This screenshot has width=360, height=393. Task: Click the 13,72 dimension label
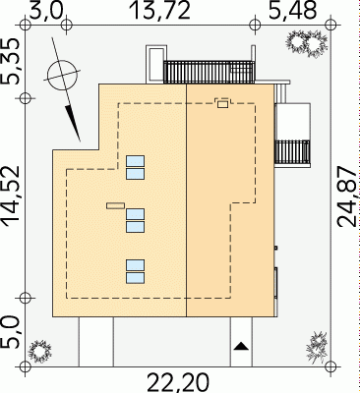tap(160, 10)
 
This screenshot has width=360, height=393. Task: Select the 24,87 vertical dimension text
tap(347, 196)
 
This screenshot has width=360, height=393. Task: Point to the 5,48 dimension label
tap(292, 10)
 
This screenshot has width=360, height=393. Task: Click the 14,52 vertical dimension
tap(12, 196)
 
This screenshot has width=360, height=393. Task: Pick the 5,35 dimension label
tap(14, 61)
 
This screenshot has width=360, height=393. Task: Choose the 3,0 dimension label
tap(46, 10)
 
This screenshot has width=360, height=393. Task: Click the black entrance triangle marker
tap(241, 346)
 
